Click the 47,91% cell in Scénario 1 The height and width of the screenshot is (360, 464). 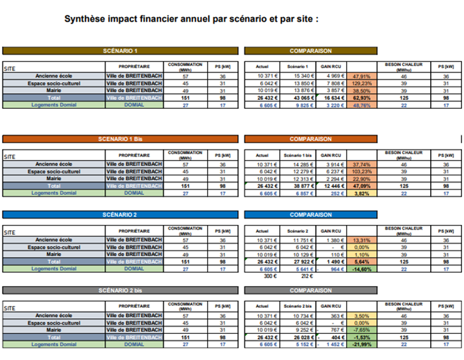tap(361, 76)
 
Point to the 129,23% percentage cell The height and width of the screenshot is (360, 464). tap(361, 83)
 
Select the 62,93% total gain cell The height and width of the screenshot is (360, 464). tap(361, 97)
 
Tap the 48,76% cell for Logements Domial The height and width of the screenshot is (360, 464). tap(361, 104)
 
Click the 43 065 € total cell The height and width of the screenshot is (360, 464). tap(296, 97)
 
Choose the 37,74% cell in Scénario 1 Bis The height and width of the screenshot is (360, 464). tap(361, 165)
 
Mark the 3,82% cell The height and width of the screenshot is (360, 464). tap(361, 193)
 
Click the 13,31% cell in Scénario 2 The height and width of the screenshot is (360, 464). tap(361, 241)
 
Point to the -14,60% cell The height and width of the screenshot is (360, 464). tap(361, 269)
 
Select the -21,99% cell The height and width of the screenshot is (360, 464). tap(361, 344)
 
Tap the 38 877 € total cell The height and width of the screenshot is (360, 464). tap(296, 186)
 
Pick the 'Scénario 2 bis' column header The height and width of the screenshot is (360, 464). tap(296, 307)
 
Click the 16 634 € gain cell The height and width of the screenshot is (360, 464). tap(330, 97)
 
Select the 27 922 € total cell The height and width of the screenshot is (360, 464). tap(296, 262)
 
